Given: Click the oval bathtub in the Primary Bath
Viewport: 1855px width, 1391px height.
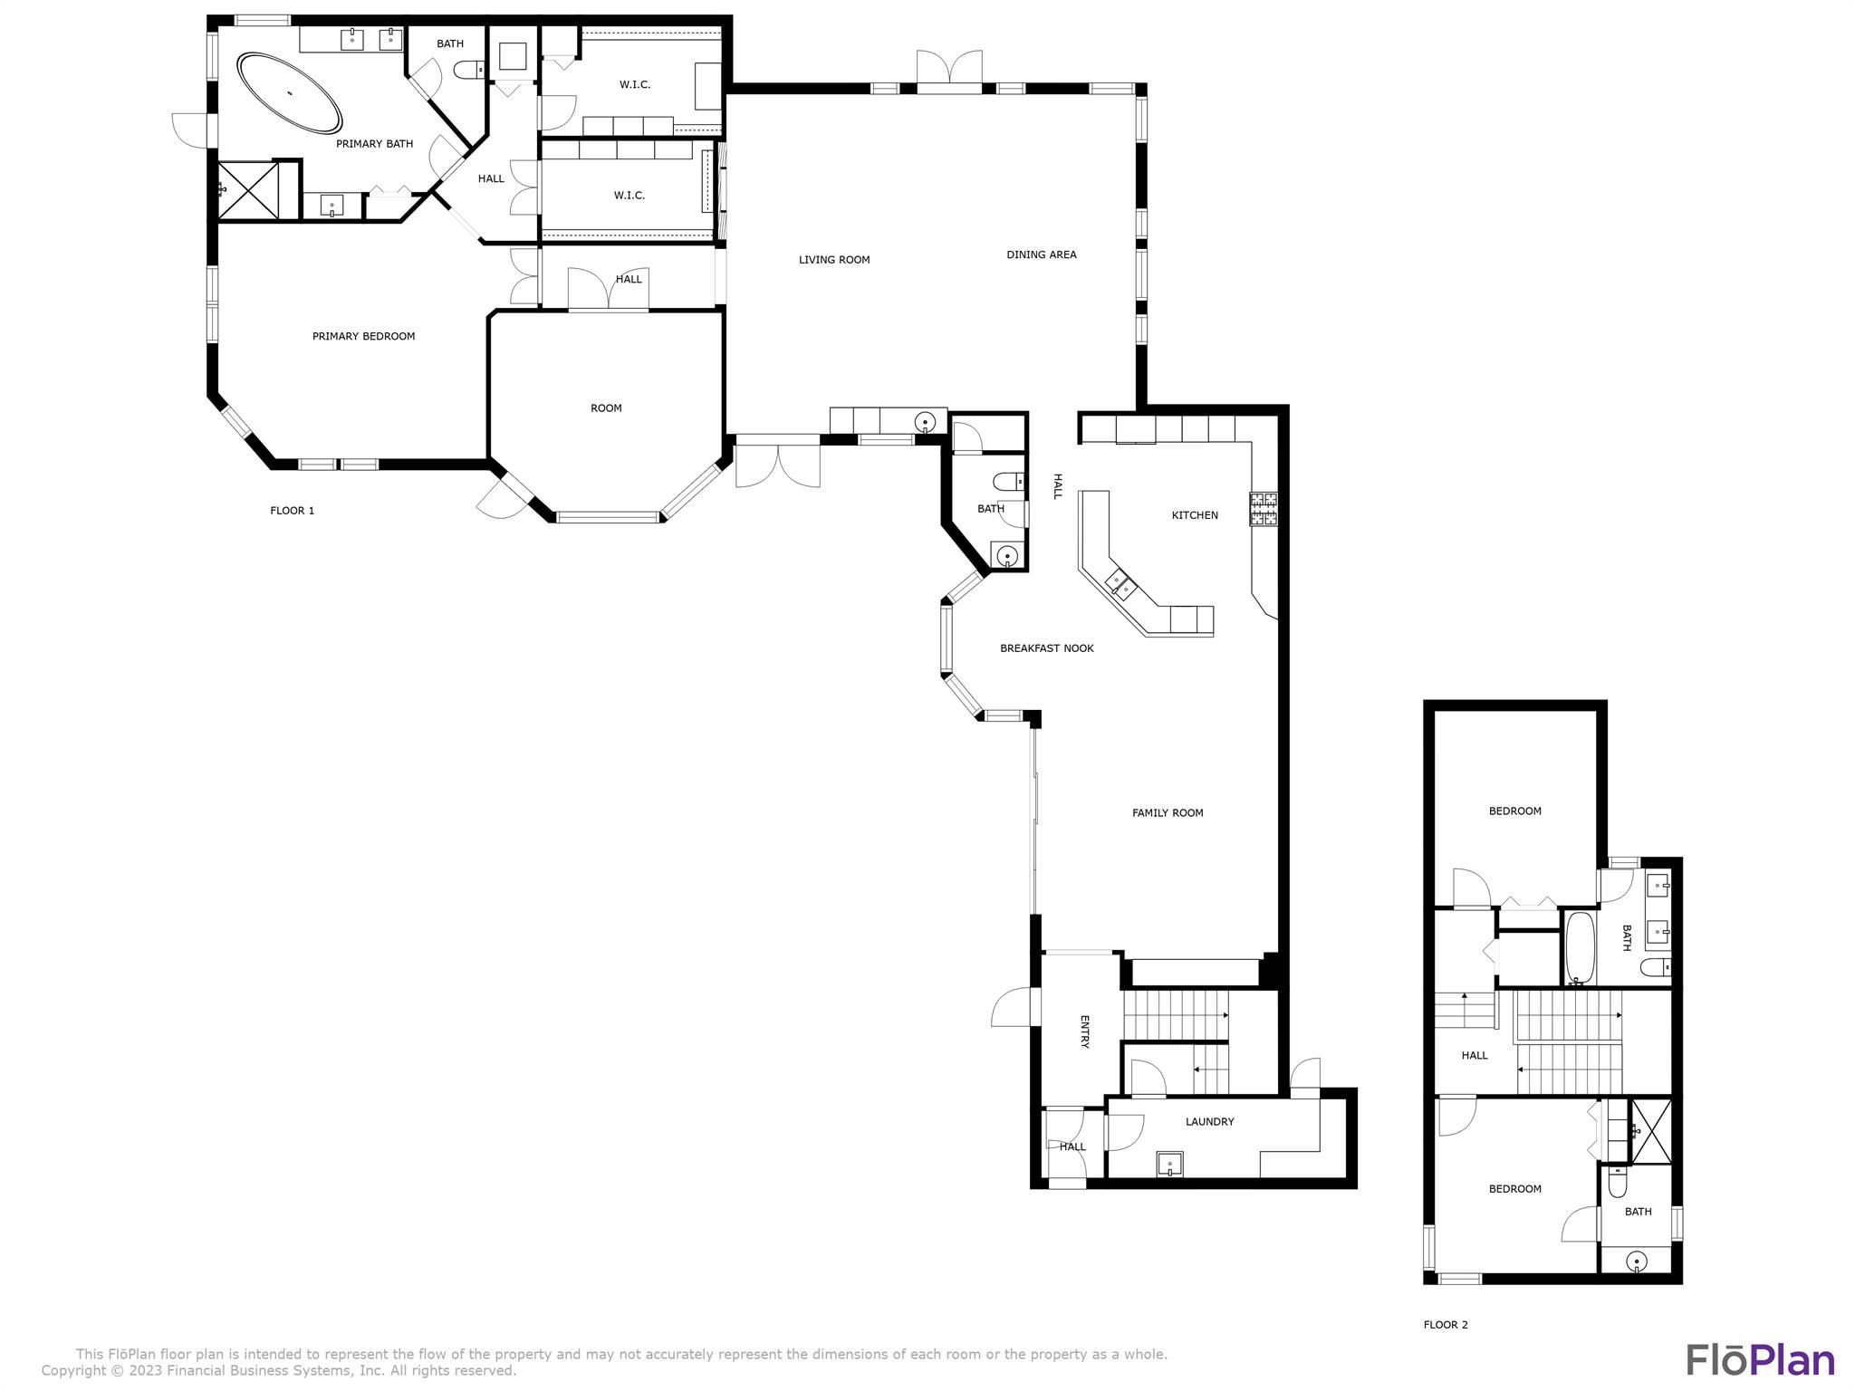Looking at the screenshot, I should (290, 93).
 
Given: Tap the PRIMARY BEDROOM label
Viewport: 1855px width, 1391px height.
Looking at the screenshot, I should (363, 336).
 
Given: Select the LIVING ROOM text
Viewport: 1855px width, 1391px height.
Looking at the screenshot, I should (833, 260).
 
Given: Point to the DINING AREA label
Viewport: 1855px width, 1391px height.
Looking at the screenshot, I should (1041, 254).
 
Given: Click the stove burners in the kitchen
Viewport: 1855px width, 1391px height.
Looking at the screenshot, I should (1264, 509).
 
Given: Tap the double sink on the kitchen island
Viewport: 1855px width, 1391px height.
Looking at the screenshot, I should (1120, 583).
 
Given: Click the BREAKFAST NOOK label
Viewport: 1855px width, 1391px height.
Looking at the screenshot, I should (1046, 648).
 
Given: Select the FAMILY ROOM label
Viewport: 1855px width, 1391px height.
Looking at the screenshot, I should (1167, 813).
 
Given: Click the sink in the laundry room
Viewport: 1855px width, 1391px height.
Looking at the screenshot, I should (1169, 1164).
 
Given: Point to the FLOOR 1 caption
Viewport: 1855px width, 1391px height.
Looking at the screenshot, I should (292, 511).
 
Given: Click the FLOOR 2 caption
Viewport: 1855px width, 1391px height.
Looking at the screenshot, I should (1445, 1325).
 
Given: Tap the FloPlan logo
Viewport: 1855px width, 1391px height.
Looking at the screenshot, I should (1760, 1360).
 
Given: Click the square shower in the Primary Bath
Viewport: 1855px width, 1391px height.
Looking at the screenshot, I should (248, 190).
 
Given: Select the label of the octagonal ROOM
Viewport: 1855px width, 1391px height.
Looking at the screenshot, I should (606, 408).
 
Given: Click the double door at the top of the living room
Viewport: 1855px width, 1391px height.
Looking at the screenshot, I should (948, 72).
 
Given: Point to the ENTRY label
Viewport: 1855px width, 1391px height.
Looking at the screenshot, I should (1084, 1031).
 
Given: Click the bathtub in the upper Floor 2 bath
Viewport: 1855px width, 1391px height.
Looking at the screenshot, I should (1580, 947).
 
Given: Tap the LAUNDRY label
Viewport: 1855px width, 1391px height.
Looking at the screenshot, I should (1209, 1122).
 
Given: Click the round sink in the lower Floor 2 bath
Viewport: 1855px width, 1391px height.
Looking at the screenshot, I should (1636, 1261).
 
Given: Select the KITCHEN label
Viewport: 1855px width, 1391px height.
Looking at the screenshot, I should (1194, 515).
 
